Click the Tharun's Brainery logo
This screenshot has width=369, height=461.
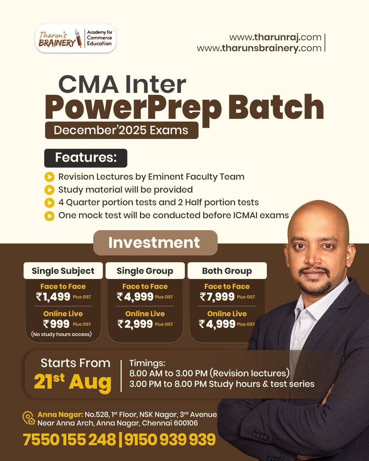(76, 38)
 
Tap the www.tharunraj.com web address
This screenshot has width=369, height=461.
(275, 37)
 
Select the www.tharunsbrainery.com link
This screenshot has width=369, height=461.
(259, 48)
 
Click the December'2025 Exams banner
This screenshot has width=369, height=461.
(122, 130)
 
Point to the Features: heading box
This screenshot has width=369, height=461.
(86, 158)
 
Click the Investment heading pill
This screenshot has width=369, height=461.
(155, 243)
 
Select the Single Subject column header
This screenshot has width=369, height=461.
(63, 271)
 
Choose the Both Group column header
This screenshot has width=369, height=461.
(227, 271)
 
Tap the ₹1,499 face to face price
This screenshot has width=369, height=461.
(53, 297)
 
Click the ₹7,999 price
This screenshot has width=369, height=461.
(217, 297)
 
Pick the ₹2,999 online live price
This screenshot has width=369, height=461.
(135, 324)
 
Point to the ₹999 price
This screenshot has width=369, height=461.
(56, 324)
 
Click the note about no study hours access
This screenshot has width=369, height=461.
(61, 334)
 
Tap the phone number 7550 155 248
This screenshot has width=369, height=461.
(69, 439)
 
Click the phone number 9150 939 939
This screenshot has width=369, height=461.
(170, 439)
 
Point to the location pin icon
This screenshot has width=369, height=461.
(29, 418)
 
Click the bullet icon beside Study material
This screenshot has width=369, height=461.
(49, 190)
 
